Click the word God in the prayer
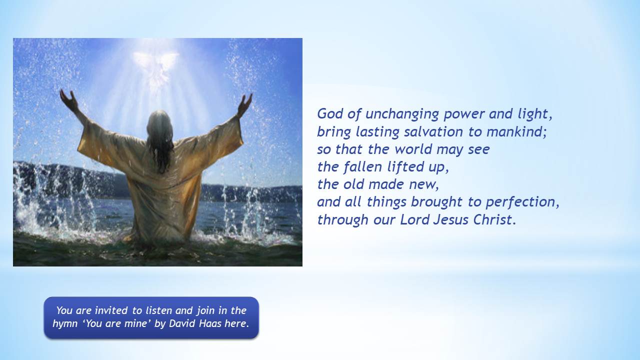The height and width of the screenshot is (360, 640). tap(330, 113)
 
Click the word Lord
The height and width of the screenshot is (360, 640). tap(415, 219)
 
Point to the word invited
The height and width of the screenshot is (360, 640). tap(111, 310)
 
